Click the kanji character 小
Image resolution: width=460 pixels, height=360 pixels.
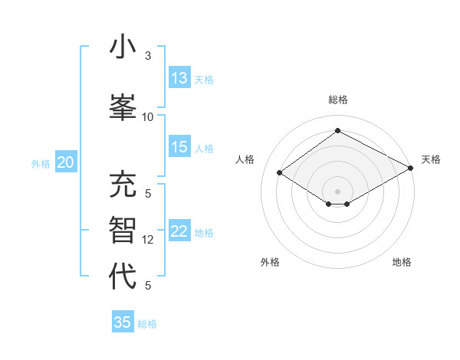[x=123, y=48]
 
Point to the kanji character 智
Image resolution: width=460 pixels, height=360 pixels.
[x=123, y=231]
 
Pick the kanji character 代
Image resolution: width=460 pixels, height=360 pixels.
[x=123, y=276]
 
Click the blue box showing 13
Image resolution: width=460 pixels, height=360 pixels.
[x=179, y=78]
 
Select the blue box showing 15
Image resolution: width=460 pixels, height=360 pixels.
[x=179, y=147]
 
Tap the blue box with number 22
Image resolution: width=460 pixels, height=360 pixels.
[x=179, y=231]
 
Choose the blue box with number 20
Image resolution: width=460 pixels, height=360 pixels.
[x=66, y=162]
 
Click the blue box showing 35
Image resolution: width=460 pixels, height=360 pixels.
[x=123, y=322]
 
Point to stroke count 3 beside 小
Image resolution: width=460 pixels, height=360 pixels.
[x=148, y=56]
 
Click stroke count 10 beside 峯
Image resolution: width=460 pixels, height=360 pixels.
[x=148, y=116]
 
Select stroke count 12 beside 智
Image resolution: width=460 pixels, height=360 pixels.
[x=148, y=240]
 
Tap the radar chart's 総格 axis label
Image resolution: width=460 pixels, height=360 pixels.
[x=337, y=100]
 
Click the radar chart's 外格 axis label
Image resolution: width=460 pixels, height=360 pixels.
[x=270, y=262]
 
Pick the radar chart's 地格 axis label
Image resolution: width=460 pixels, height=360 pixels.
[x=402, y=262]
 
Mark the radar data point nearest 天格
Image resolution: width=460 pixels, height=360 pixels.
[x=411, y=169]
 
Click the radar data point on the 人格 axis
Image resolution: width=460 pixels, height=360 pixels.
[x=280, y=173]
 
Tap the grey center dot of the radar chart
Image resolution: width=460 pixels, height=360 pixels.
[x=337, y=191]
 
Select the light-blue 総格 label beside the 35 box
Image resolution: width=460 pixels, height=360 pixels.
[x=147, y=324]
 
